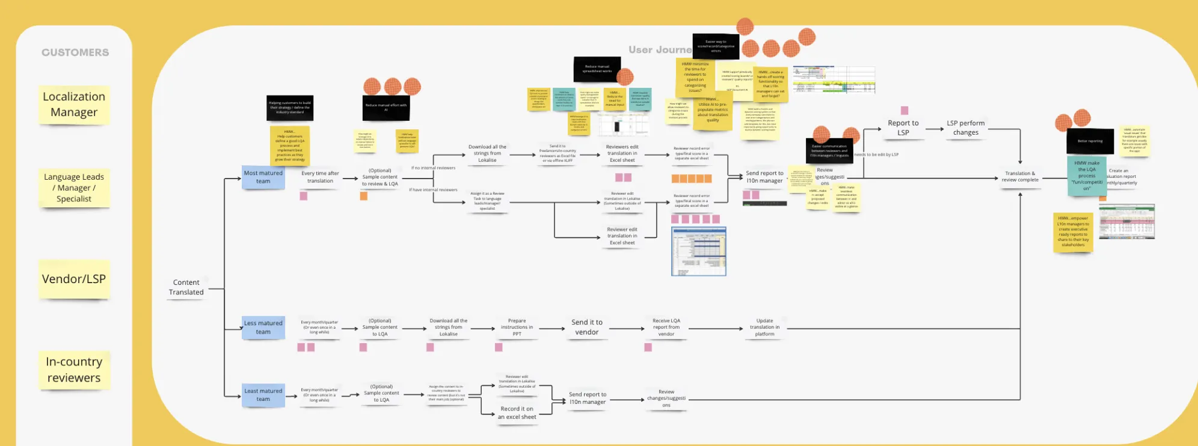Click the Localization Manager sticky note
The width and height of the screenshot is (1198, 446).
[74, 105]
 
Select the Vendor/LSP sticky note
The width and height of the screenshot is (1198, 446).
[74, 279]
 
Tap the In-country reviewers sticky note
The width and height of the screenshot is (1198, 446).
[74, 370]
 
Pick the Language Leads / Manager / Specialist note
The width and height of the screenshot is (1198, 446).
[74, 188]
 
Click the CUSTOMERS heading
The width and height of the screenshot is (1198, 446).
[75, 53]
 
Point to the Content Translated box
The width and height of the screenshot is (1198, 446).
[186, 287]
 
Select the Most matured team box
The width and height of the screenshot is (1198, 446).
[263, 177]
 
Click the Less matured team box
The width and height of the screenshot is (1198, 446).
[263, 328]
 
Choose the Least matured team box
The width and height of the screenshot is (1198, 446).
[263, 395]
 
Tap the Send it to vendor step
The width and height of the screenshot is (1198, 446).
[587, 328]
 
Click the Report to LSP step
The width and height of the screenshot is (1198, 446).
[903, 128]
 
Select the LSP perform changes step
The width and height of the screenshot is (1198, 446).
[965, 128]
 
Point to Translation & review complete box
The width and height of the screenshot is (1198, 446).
[1020, 177]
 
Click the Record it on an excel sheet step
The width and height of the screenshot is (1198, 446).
[517, 413]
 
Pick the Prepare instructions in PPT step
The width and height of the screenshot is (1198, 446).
[517, 328]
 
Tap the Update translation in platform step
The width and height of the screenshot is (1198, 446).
[764, 328]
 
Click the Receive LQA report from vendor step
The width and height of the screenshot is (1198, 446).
[666, 328]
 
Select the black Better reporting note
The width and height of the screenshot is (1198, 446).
[1090, 141]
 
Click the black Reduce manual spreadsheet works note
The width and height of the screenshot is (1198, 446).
[597, 69]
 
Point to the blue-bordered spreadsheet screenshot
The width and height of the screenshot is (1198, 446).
[698, 251]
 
